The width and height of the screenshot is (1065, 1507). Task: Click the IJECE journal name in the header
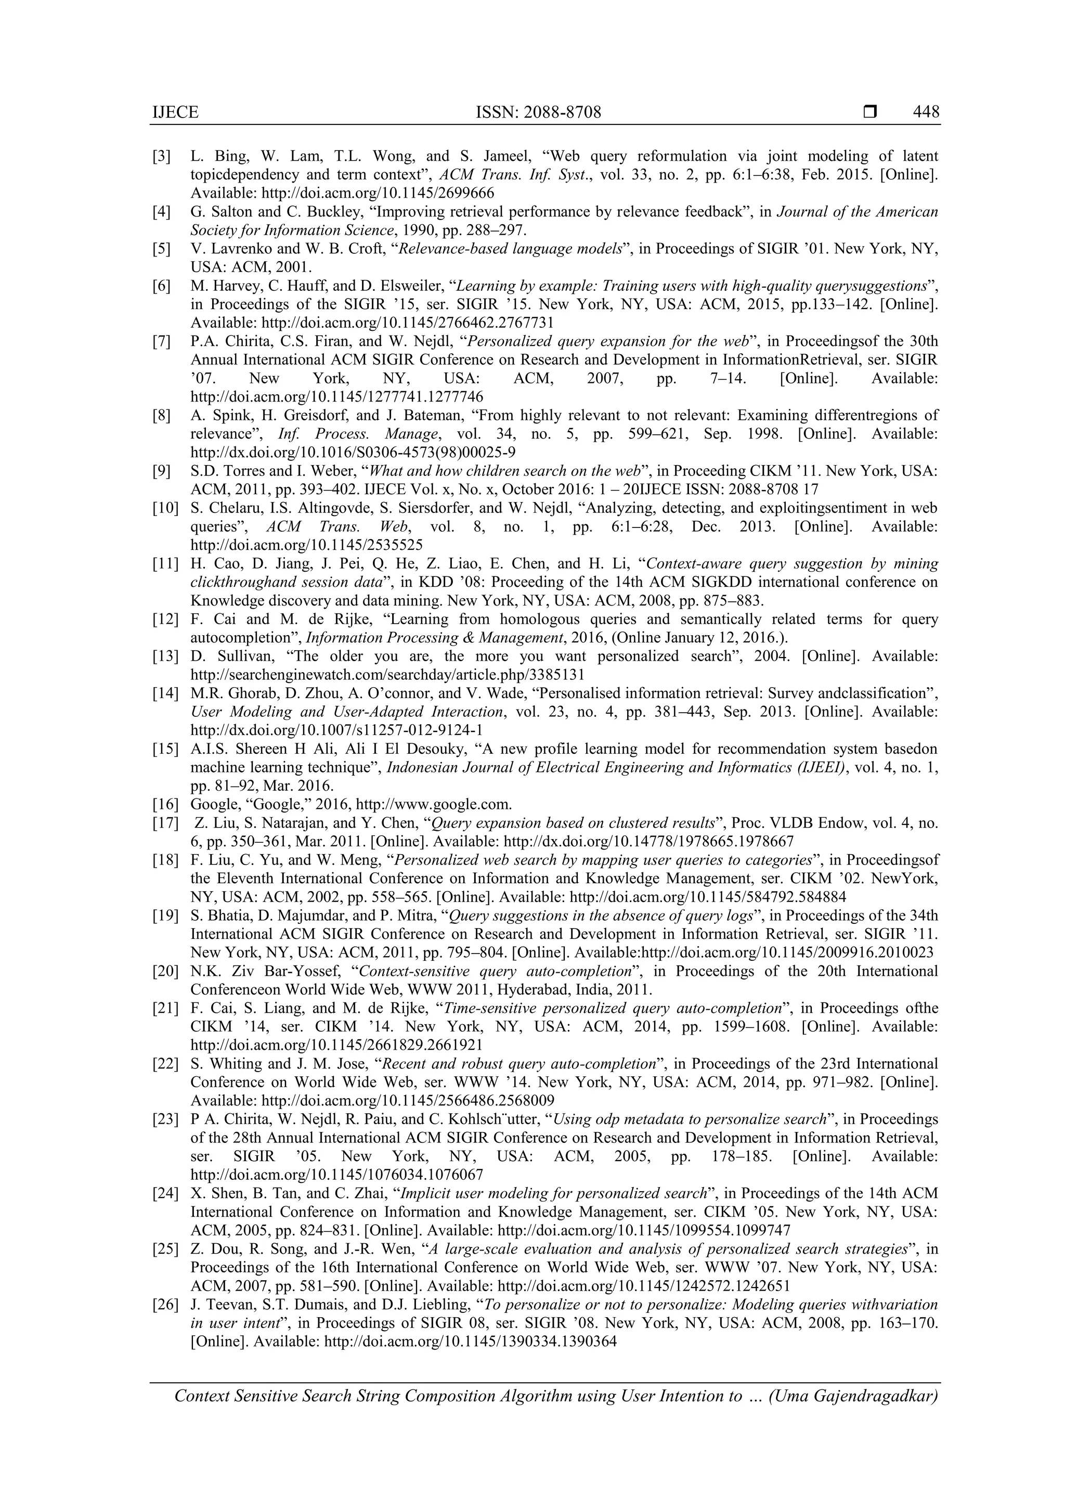(x=175, y=112)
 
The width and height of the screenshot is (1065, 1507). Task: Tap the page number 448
(x=926, y=112)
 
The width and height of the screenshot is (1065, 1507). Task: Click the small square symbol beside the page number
(x=869, y=112)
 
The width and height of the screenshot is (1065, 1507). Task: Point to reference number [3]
(x=161, y=156)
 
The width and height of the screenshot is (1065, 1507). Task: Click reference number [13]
(x=165, y=656)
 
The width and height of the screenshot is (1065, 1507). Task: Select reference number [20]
(x=165, y=971)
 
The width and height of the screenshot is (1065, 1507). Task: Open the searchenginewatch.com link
(x=387, y=675)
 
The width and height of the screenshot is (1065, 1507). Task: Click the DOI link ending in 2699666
(x=378, y=194)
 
